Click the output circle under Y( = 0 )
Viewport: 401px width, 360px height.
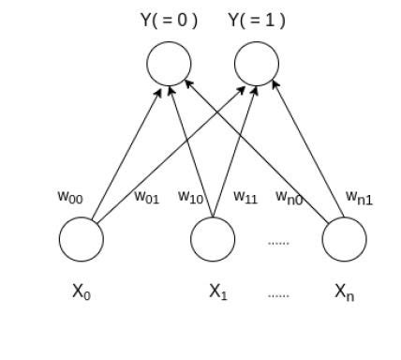(x=169, y=65)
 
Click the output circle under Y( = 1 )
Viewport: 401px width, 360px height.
(x=256, y=65)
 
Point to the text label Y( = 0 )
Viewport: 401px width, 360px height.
(x=169, y=20)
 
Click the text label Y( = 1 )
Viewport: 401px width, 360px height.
(x=256, y=20)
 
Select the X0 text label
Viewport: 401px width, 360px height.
(x=82, y=292)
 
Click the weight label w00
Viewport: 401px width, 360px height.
(x=69, y=197)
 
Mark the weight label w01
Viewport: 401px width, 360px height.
(x=146, y=197)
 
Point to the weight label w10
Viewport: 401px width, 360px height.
(x=191, y=197)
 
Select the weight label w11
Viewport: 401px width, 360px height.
(x=245, y=197)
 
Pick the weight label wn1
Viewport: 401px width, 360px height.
(x=359, y=197)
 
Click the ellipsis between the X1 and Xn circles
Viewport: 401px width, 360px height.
(x=278, y=242)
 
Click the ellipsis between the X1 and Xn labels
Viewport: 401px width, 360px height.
(x=278, y=294)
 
